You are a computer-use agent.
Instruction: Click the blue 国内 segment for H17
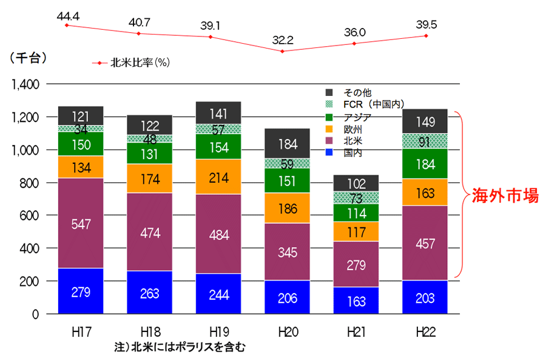point(81,291)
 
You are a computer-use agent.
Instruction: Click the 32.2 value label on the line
point(283,41)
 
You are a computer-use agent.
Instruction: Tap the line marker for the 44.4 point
point(67,25)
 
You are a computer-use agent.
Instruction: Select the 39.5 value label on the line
point(426,24)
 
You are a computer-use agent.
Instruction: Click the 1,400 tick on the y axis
point(25,84)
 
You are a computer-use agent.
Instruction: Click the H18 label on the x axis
point(150,332)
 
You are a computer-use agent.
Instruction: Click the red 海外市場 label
point(505,195)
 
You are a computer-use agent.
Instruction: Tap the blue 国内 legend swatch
point(330,153)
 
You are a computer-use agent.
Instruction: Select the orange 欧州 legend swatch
point(330,129)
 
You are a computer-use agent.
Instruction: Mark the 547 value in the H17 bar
point(81,223)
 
